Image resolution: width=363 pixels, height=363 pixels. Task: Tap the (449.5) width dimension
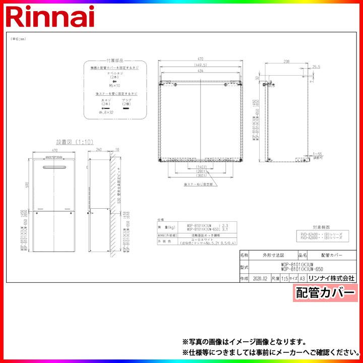[x=202, y=65]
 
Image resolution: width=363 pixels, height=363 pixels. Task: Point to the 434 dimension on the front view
[x=201, y=72]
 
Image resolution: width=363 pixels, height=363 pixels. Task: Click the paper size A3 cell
[x=302, y=278]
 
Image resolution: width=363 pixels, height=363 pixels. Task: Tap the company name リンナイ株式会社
[x=332, y=278]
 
